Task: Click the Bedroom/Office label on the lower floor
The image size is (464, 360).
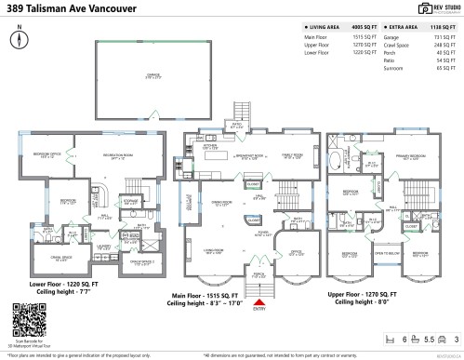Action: click(41, 156)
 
